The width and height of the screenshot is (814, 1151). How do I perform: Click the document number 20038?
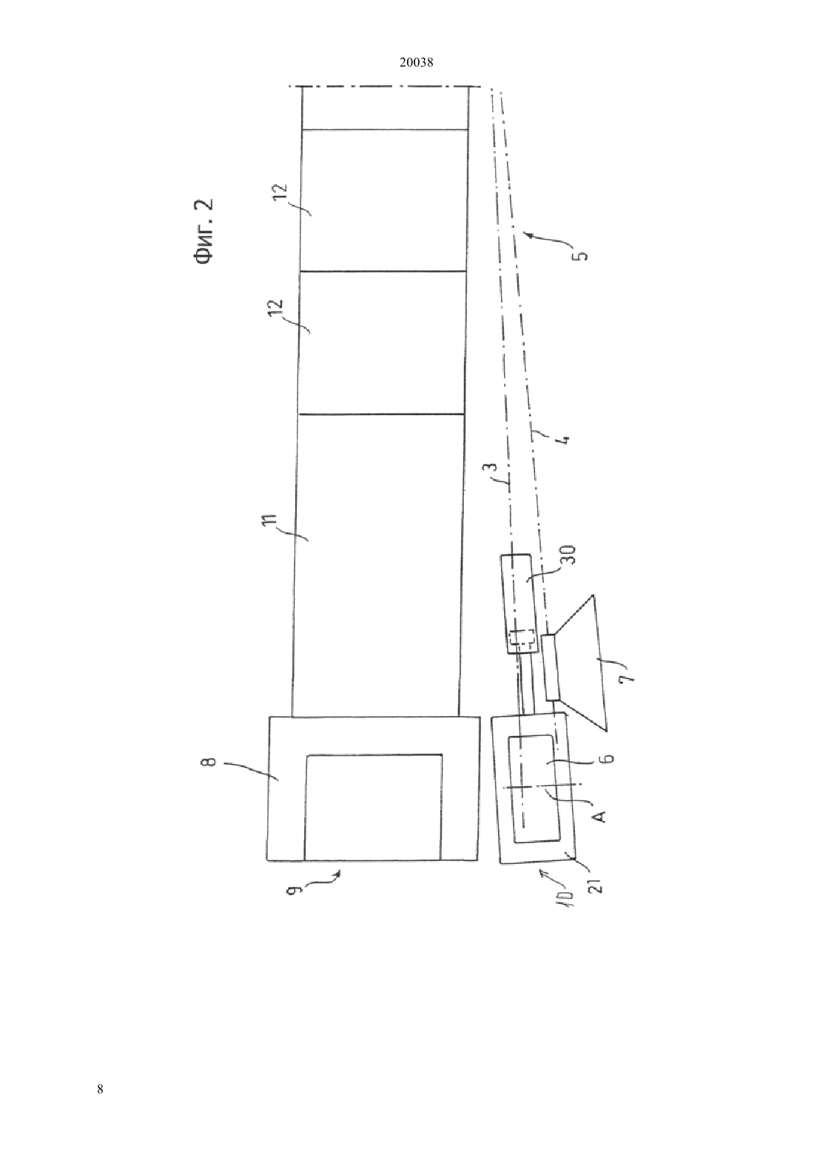(416, 63)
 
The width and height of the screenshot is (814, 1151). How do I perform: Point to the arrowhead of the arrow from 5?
(525, 235)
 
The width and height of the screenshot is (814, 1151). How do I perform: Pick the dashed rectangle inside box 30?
(520, 641)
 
